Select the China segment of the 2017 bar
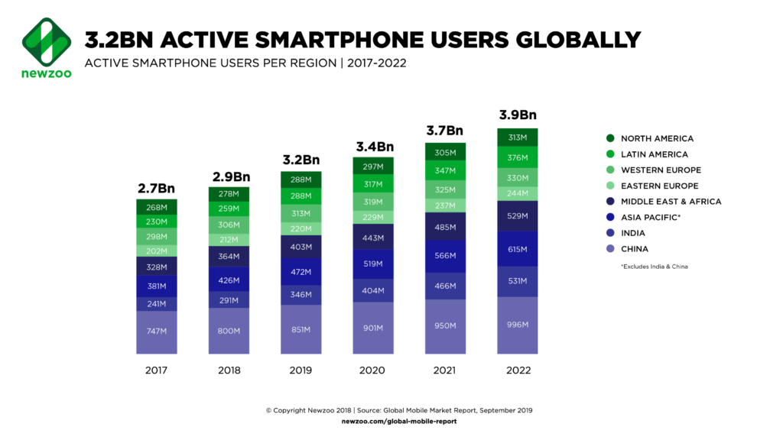pyautogui.click(x=157, y=332)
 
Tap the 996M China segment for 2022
pyautogui.click(x=517, y=325)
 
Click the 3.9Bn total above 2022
pyautogui.click(x=518, y=115)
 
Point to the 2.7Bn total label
pyautogui.click(x=157, y=187)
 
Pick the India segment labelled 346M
pyautogui.click(x=301, y=293)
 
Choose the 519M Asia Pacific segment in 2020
pyautogui.click(x=373, y=264)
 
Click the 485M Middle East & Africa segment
pyautogui.click(x=445, y=226)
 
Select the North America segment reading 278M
pyautogui.click(x=229, y=194)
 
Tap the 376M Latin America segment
pyautogui.click(x=517, y=158)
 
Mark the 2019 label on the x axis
pyautogui.click(x=301, y=370)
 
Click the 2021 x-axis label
pyautogui.click(x=445, y=370)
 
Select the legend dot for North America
pyautogui.click(x=610, y=138)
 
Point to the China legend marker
pyautogui.click(x=610, y=249)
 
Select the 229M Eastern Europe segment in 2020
pyautogui.click(x=373, y=217)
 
